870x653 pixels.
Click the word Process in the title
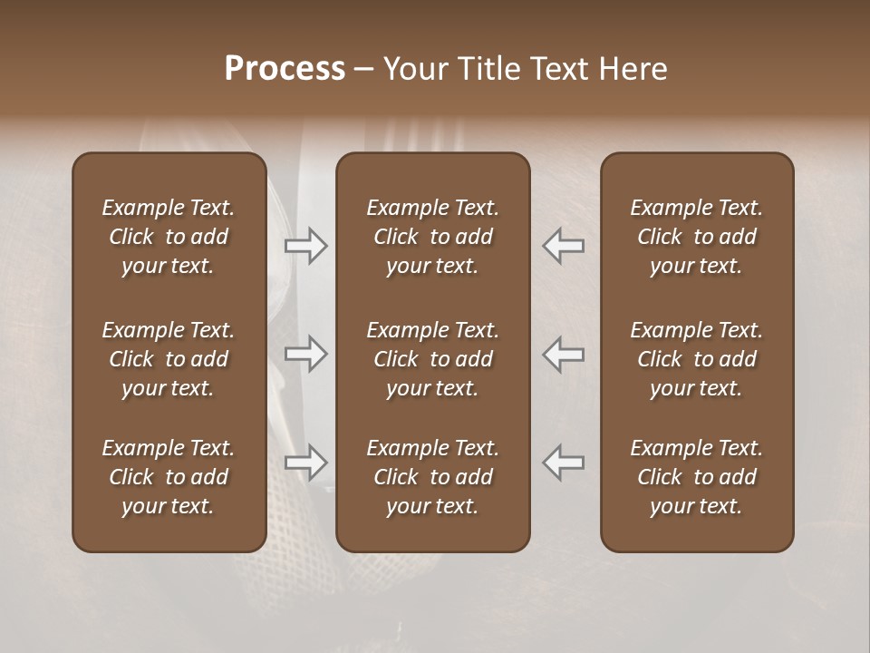tap(285, 69)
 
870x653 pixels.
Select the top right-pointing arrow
tap(305, 245)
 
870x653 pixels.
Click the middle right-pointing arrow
tap(305, 354)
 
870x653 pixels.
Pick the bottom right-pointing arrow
tap(305, 462)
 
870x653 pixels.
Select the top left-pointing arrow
tap(564, 245)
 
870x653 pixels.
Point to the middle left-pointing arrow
tap(564, 354)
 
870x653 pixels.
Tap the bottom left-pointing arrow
tap(564, 462)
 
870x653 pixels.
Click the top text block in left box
tap(169, 237)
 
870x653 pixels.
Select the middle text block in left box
tap(169, 359)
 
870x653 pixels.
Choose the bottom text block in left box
tap(169, 477)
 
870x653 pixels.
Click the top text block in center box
tap(432, 237)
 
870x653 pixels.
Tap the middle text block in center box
tap(432, 359)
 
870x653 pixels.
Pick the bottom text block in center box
tap(432, 477)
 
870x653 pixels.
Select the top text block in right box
tap(696, 237)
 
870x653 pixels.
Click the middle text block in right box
tap(696, 359)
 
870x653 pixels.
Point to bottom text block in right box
tap(696, 477)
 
